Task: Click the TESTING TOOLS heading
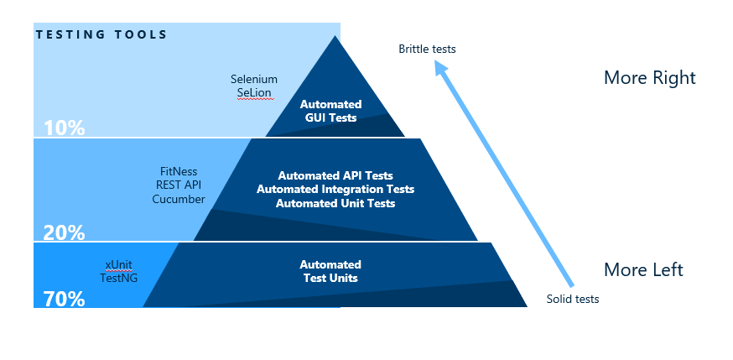[101, 34]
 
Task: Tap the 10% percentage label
[64, 128]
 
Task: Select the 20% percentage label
[64, 232]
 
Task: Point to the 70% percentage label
[64, 298]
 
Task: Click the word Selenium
[254, 79]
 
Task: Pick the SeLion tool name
[254, 92]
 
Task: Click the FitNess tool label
[178, 171]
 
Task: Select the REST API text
[178, 185]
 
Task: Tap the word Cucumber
[178, 199]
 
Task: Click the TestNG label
[118, 278]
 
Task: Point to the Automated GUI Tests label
[330, 111]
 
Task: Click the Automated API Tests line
[335, 175]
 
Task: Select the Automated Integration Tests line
[335, 190]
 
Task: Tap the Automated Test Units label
[330, 271]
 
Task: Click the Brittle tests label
[427, 49]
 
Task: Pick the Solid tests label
[573, 299]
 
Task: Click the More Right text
[649, 78]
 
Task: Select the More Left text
[643, 270]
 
